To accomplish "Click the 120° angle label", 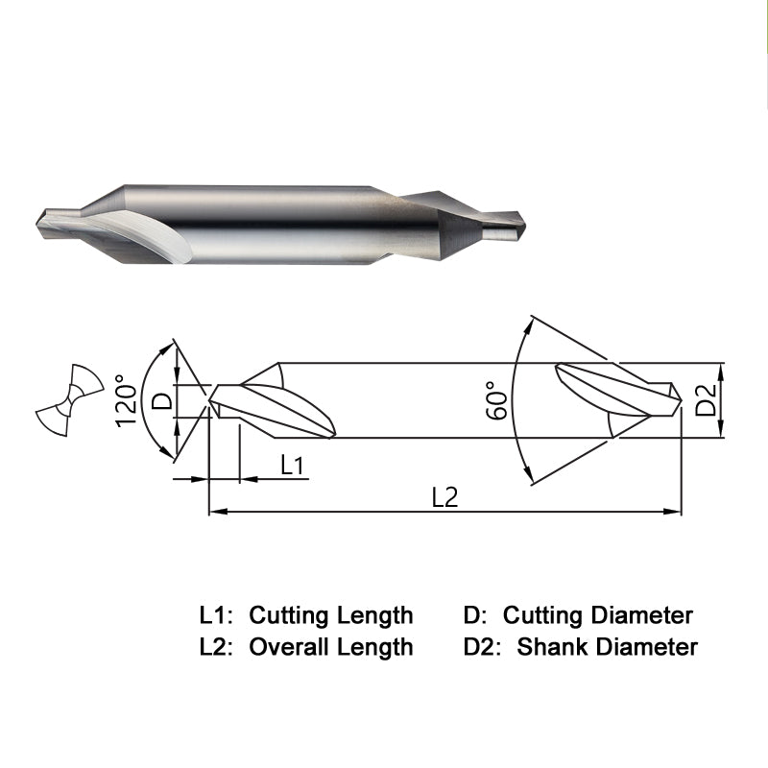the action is [x=126, y=401].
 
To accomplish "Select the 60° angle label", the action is [x=497, y=400].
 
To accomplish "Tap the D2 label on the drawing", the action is [x=707, y=399].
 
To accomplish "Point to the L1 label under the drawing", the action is [x=293, y=465].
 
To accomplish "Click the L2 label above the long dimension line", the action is [x=444, y=497].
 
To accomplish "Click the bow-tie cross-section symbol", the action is [x=70, y=399].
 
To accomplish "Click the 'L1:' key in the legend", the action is [x=215, y=615].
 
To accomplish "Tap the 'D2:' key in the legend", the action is [x=482, y=646].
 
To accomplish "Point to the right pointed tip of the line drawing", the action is [x=682, y=400].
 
